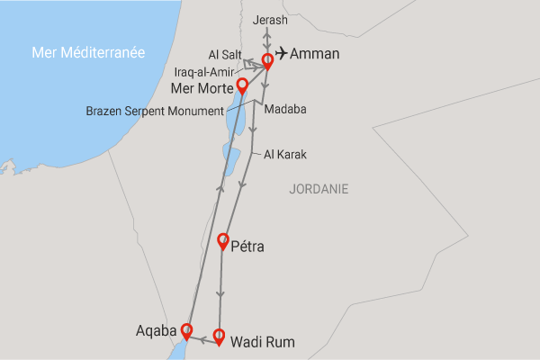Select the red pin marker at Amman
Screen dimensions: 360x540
pos(267,61)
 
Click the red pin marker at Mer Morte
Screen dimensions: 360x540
pos(241,85)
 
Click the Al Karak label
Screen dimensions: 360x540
pos(285,155)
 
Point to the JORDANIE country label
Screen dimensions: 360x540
pos(319,189)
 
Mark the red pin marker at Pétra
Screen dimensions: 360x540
pos(224,240)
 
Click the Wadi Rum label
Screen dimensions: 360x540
pos(263,342)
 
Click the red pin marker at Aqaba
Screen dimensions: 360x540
pos(186,329)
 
